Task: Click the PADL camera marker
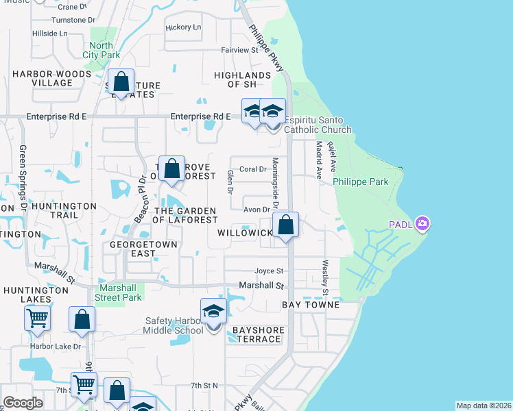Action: coord(422,224)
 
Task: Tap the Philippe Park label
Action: coord(361,182)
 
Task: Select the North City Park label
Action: coord(101,50)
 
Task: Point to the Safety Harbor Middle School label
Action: coord(174,325)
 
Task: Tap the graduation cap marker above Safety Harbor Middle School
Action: coord(213,312)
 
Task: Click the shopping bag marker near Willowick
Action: coord(285,225)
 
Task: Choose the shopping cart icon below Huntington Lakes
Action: coord(37,317)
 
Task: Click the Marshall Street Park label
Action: coord(119,292)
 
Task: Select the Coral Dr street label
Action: coord(252,169)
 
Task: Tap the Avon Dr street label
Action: coord(255,210)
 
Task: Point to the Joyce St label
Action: coord(269,271)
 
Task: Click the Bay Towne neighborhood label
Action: coord(311,304)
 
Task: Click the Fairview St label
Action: coord(239,50)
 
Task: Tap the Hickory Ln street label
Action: coord(184,27)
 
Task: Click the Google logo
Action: coord(23,403)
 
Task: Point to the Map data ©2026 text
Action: coord(483,406)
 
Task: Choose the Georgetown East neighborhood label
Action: coord(144,248)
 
